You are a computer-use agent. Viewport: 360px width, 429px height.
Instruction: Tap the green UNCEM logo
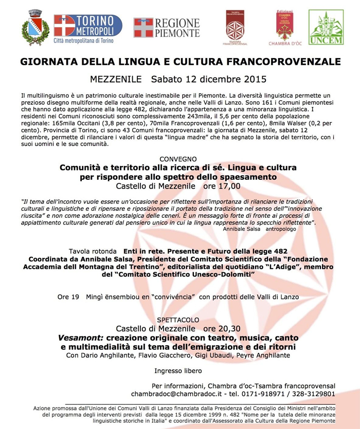pyautogui.click(x=326, y=27)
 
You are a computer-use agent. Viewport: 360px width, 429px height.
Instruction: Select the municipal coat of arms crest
pyautogui.click(x=35, y=27)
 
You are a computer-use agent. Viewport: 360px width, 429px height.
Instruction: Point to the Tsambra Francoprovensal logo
pyautogui.click(x=235, y=28)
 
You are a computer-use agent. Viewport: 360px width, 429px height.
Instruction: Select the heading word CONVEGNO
pyautogui.click(x=178, y=159)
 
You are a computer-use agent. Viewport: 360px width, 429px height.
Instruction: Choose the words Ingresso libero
pyautogui.click(x=178, y=370)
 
